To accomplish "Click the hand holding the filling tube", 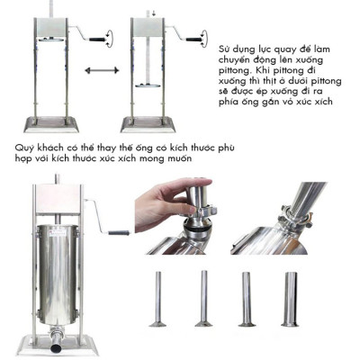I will coord(166,198).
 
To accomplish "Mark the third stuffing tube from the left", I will coord(245,297).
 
